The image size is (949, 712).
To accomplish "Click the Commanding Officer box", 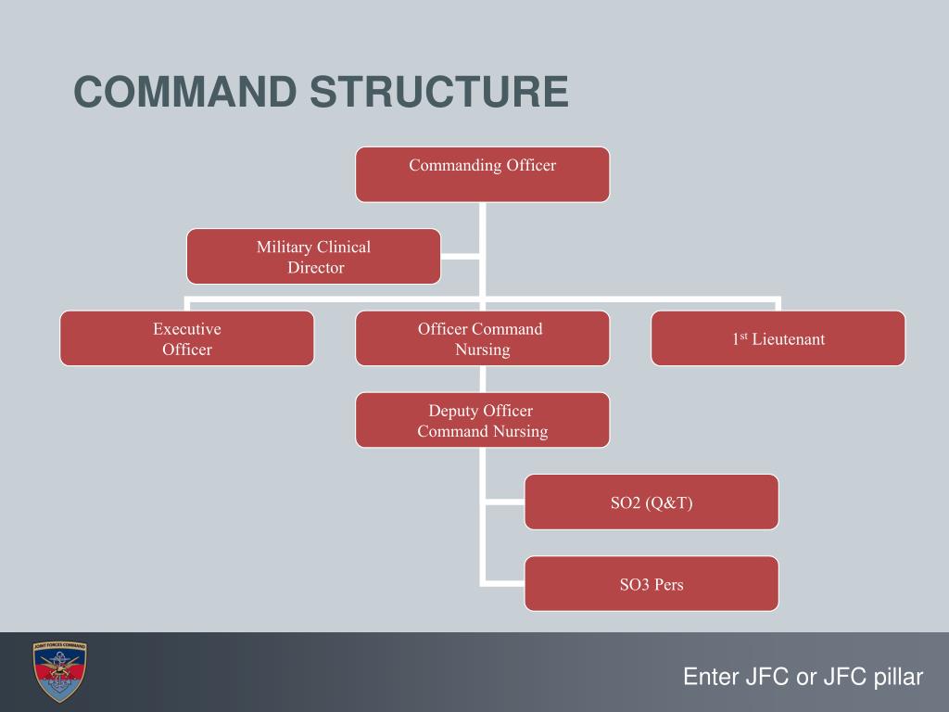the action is click(x=482, y=174).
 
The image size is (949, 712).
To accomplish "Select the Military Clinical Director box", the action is click(x=313, y=257).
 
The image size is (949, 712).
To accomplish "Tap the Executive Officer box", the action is click(x=187, y=338).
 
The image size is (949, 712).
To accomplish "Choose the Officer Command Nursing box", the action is click(x=482, y=338).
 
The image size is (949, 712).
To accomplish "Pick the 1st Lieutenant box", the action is click(x=778, y=338).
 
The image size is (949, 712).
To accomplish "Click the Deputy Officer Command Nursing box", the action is click(x=482, y=420).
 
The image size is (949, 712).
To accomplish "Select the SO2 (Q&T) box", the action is click(x=651, y=502).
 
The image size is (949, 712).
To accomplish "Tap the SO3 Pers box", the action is click(x=651, y=584).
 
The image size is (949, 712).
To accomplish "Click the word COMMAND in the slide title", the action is click(x=184, y=93).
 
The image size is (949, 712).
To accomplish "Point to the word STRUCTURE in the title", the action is click(x=439, y=93).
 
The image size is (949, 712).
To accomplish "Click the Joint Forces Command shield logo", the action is click(x=59, y=671).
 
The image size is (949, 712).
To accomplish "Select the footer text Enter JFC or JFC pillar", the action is click(x=803, y=677).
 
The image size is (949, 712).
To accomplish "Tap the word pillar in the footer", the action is click(x=898, y=677).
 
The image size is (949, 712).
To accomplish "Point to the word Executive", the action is click(x=187, y=329).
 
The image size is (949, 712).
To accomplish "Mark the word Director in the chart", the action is click(x=315, y=268).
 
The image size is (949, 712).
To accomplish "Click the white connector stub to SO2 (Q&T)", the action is click(x=503, y=503).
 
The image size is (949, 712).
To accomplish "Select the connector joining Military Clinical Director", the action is click(x=461, y=255).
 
